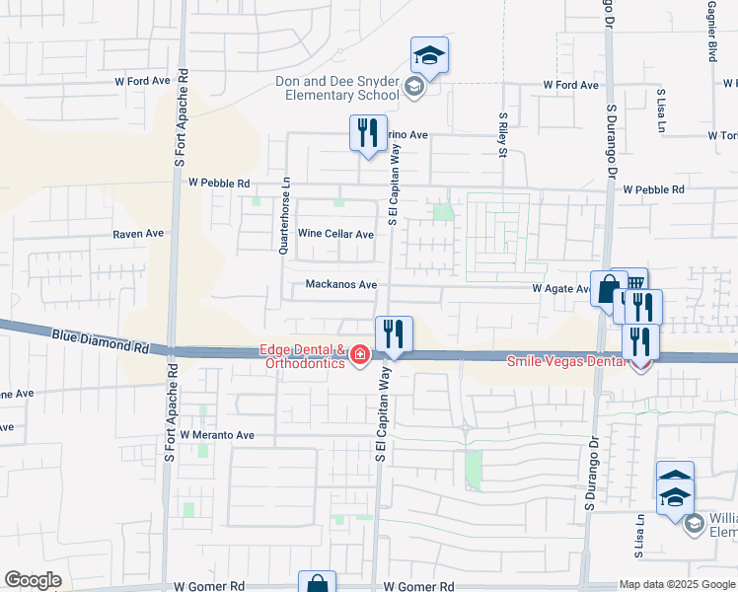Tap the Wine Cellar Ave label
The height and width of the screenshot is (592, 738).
tap(335, 234)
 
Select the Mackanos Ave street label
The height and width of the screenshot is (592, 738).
tap(340, 285)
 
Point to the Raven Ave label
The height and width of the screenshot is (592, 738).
tap(137, 234)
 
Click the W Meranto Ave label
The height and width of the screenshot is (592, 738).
tap(217, 435)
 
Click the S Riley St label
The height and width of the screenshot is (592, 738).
tap(502, 135)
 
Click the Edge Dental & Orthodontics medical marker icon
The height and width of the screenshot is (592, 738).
tap(360, 354)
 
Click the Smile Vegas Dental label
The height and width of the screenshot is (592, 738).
tap(565, 361)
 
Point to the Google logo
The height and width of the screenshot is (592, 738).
tap(34, 580)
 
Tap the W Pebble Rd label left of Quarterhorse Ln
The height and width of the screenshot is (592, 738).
tap(219, 183)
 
